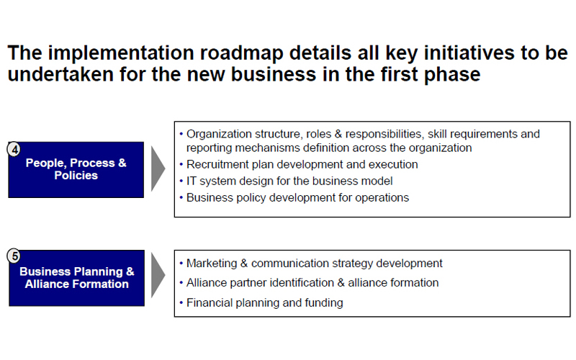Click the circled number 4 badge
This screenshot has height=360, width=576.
point(14,149)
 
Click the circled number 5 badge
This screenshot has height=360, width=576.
point(14,256)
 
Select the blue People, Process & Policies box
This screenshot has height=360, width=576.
point(76,170)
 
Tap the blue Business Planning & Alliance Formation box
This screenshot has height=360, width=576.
point(76,278)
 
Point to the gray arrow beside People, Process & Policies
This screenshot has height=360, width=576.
point(158,168)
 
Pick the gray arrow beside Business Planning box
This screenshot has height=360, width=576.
point(158,275)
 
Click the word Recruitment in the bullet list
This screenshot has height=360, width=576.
point(217,164)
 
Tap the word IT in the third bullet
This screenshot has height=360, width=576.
point(192,181)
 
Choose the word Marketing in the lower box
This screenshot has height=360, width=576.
point(212,264)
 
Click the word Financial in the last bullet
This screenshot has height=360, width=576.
point(209,302)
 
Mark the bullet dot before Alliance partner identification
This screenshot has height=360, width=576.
point(181,283)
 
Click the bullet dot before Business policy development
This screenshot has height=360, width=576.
point(181,197)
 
